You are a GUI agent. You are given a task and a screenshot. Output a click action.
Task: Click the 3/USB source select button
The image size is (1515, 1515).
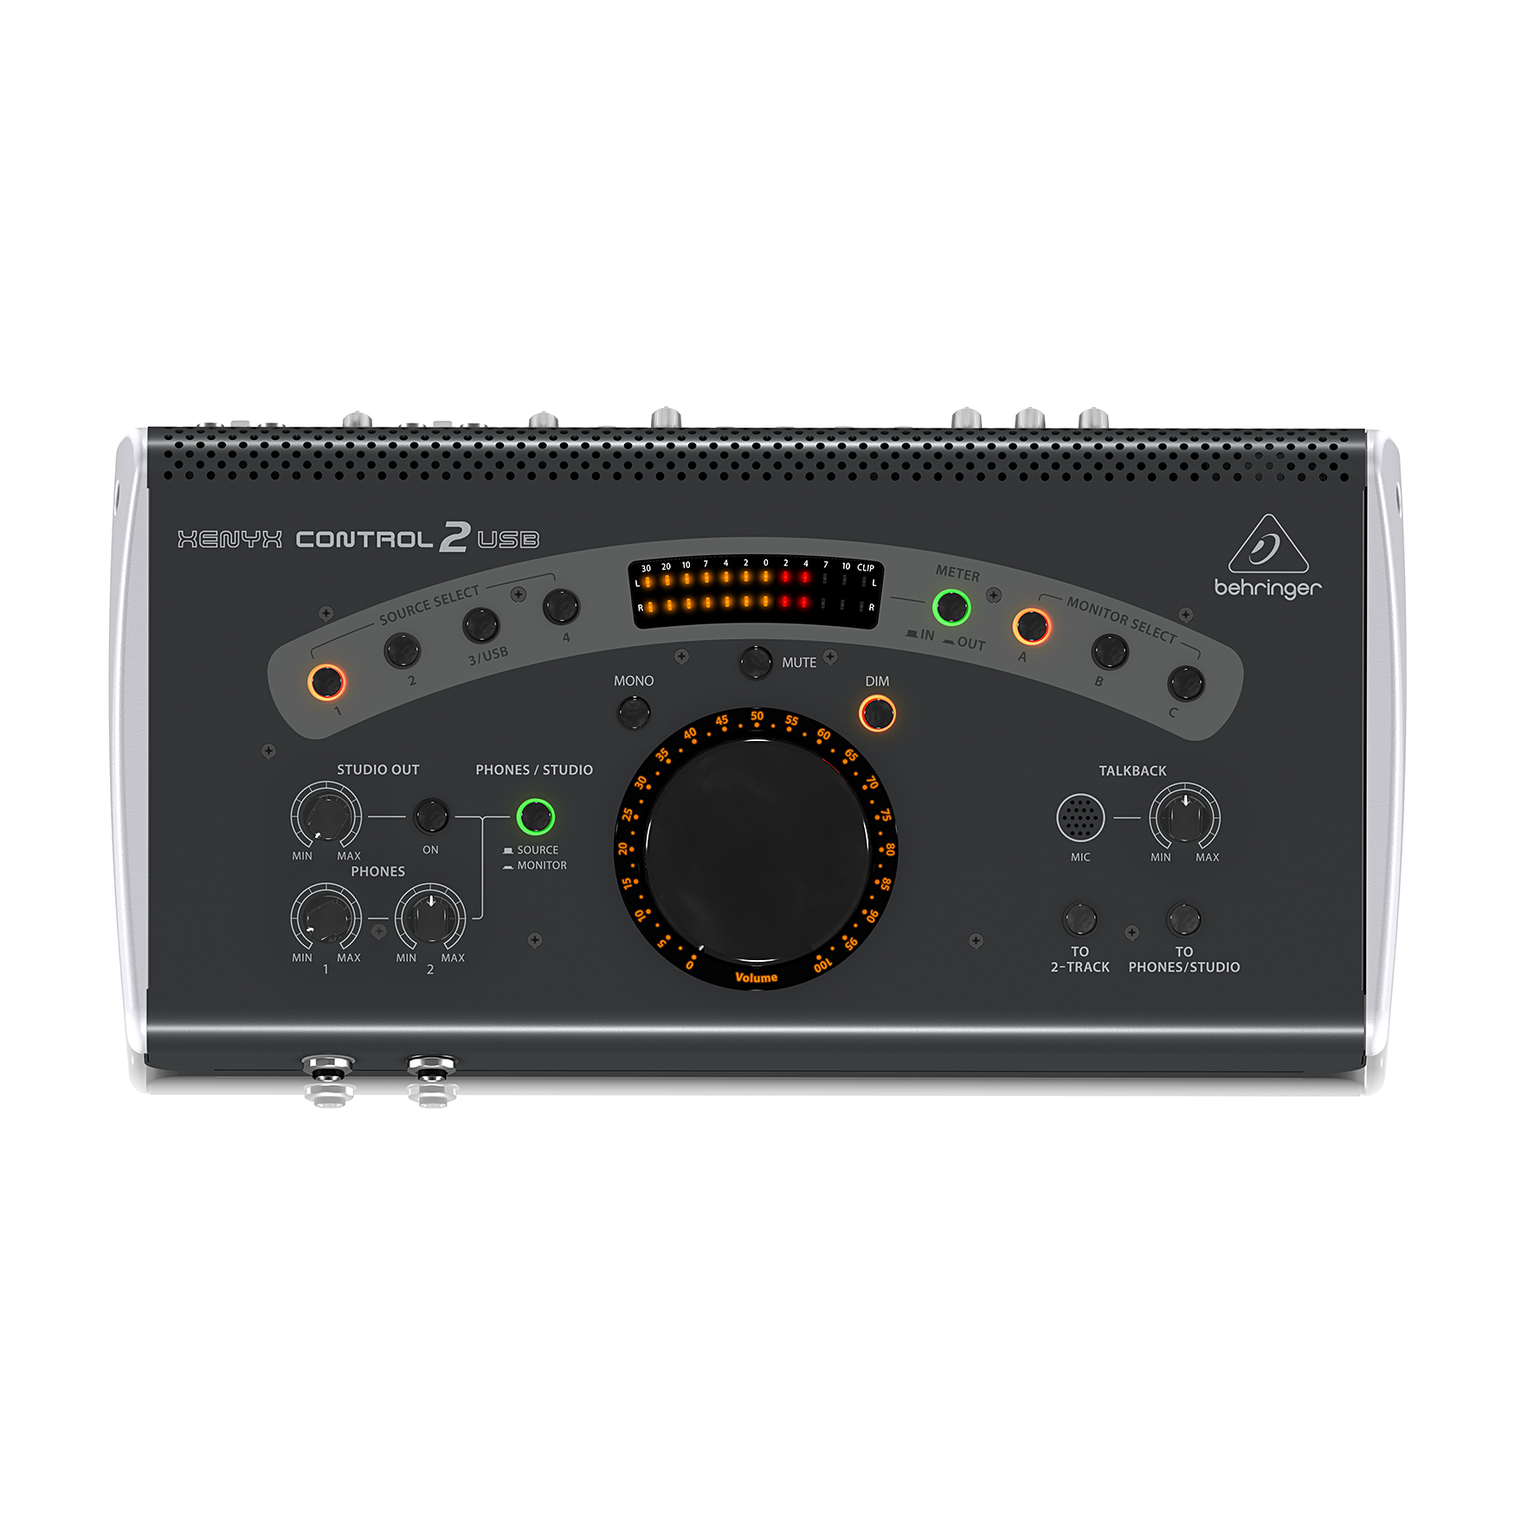(480, 624)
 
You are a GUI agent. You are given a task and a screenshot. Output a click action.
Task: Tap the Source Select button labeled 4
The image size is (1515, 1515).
(561, 607)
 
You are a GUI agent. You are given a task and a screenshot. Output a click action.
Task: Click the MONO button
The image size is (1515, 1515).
(634, 712)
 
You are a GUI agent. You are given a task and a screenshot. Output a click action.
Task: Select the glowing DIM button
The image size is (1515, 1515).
(877, 713)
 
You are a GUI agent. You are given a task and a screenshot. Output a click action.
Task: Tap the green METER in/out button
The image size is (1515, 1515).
(951, 607)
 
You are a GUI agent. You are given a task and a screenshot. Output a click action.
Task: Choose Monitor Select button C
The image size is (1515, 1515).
(1185, 683)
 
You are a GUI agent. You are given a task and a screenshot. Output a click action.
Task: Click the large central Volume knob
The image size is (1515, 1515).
(757, 849)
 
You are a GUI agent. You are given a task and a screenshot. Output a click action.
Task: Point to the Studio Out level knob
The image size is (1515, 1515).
(326, 816)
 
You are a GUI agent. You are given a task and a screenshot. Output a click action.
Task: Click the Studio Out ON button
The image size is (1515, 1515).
(430, 816)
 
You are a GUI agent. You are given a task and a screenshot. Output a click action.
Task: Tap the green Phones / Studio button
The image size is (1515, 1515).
(535, 816)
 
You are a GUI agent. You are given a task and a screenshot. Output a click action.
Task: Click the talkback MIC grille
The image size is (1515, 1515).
(1080, 816)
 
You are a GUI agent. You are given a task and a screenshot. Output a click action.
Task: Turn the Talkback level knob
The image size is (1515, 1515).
(1184, 816)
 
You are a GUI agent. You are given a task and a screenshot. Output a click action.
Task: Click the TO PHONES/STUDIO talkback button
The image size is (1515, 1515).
(1183, 919)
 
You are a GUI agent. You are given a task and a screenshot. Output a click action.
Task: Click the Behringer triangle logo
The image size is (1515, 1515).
(1268, 544)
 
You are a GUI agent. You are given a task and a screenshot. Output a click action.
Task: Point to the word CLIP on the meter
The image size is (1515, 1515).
(866, 568)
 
